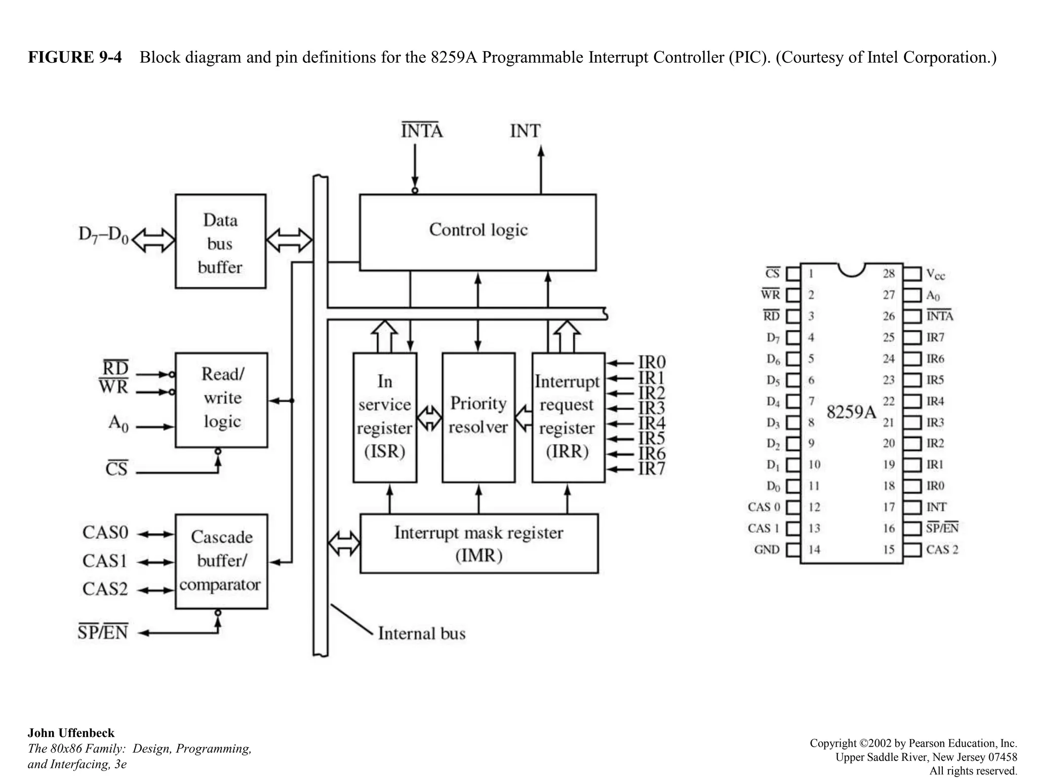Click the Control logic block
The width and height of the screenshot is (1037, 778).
[x=477, y=232]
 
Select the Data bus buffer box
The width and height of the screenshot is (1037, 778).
[x=220, y=242]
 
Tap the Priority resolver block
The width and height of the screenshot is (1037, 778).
[x=478, y=417]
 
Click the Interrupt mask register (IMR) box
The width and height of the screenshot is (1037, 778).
[x=478, y=543]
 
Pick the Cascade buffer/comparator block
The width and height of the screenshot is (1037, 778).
[x=221, y=561]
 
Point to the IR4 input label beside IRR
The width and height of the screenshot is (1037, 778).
[x=652, y=423]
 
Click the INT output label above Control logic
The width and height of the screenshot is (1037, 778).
[x=525, y=131]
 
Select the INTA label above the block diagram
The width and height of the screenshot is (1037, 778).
[x=421, y=131]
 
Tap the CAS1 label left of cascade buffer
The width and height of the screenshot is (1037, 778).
[x=105, y=561]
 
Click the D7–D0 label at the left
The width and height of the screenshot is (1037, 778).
[x=103, y=236]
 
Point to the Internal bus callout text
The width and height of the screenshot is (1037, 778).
[x=421, y=634]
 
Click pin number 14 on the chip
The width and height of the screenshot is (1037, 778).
[x=814, y=550]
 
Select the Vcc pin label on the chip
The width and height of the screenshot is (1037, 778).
[x=935, y=275]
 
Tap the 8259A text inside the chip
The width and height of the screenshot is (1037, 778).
[x=851, y=412]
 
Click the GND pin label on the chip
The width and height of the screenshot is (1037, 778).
[x=767, y=550]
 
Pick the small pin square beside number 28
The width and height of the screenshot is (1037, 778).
[x=912, y=274]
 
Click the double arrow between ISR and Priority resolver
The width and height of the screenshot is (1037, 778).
[x=429, y=418]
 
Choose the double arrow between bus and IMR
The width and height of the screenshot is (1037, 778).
[x=344, y=543]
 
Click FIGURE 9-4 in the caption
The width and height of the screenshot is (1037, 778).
[x=75, y=57]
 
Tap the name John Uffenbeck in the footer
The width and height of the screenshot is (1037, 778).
[x=71, y=733]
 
